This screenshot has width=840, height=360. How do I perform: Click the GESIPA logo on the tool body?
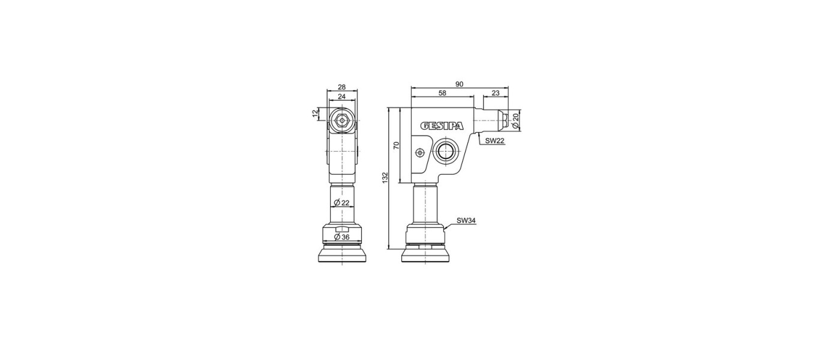(441, 126)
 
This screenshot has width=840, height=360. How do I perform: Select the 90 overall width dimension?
(459, 84)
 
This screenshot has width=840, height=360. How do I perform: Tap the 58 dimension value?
(442, 93)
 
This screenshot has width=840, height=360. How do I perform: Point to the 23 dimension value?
(495, 93)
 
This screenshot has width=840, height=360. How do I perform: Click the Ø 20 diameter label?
(515, 121)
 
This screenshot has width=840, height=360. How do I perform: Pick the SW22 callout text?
(495, 140)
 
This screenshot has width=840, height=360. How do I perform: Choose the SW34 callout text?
(466, 220)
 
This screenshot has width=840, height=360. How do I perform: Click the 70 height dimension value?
(396, 145)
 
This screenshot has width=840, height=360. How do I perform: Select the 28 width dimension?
(341, 87)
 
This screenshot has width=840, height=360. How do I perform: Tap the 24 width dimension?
(341, 96)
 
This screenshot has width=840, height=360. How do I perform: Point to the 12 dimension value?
(315, 114)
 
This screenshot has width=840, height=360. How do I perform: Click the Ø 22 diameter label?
(341, 203)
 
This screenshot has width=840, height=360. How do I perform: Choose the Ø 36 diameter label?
(341, 237)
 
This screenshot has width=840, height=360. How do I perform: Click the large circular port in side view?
(446, 151)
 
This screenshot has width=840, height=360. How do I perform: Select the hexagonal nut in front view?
(341, 120)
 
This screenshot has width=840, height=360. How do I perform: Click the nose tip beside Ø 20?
(506, 120)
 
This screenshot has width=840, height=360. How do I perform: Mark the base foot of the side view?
(426, 256)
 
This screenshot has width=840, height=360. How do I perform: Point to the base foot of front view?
(341, 256)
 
